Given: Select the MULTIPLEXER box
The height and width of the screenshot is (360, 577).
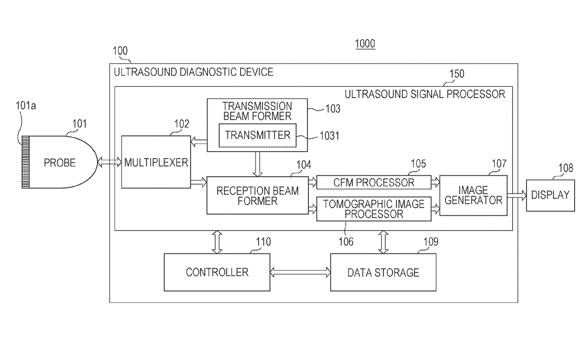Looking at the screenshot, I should (156, 162).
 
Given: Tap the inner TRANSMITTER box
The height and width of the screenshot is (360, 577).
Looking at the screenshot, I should (257, 135).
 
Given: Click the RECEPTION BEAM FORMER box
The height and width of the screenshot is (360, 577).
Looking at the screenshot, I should (257, 195).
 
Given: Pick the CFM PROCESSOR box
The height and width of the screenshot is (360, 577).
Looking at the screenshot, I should (374, 182).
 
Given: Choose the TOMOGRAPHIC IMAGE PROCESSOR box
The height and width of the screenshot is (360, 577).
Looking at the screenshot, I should (374, 209).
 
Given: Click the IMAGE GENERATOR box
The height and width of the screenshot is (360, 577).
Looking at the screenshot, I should (473, 195).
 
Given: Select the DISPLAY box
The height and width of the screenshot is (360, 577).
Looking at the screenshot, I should (550, 195).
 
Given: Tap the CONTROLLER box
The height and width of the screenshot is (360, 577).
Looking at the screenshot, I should (217, 272).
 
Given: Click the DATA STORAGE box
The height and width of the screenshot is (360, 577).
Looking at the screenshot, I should (383, 272).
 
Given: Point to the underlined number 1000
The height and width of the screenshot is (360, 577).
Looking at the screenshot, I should (365, 44).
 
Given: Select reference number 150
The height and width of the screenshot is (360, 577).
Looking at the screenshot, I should (456, 74).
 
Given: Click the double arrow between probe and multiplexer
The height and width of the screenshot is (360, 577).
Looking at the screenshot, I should (109, 162).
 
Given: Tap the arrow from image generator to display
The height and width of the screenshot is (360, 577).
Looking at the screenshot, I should (517, 196).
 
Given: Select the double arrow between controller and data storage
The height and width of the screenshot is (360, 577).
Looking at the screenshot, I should (300, 273).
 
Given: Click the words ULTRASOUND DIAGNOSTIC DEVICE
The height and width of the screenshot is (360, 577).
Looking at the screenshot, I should (194, 72).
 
